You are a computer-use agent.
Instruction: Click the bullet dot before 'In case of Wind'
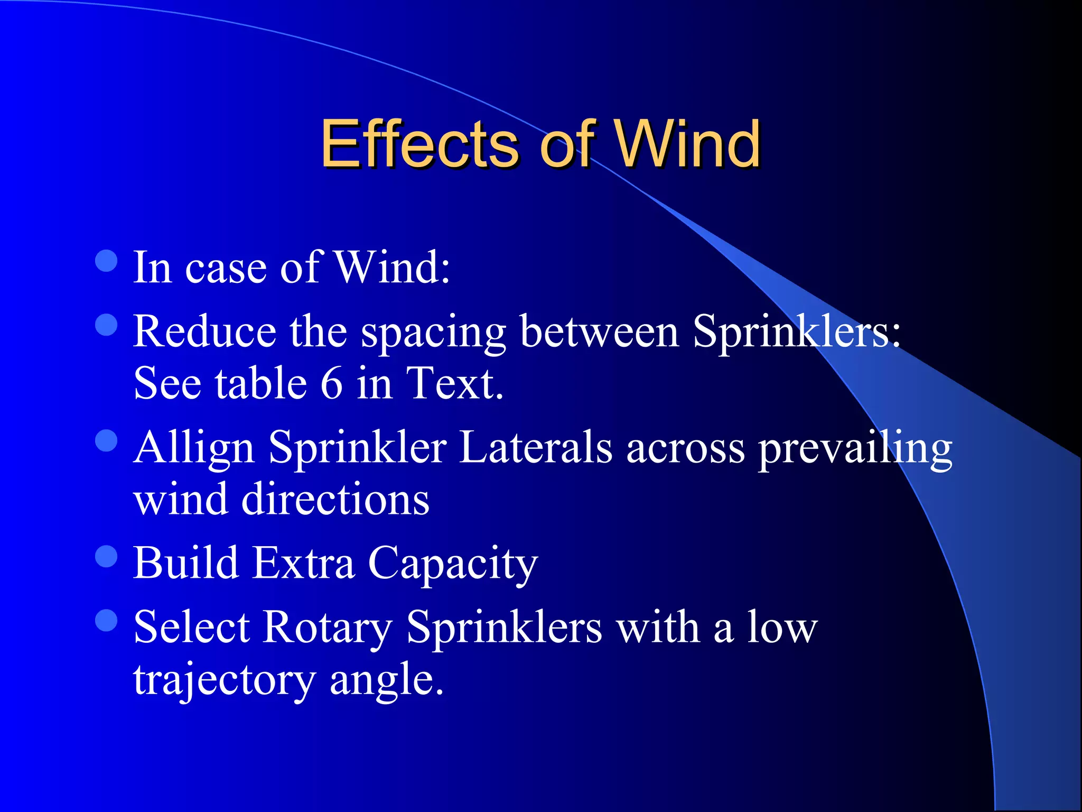click(x=106, y=261)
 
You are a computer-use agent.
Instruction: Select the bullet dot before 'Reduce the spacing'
click(x=106, y=325)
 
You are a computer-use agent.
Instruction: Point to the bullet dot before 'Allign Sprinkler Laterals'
click(x=106, y=440)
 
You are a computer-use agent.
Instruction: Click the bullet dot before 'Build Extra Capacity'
click(x=106, y=556)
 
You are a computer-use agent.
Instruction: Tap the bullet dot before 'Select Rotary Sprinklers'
click(x=106, y=620)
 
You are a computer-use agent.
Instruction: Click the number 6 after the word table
click(x=331, y=383)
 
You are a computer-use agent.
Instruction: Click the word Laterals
click(x=536, y=447)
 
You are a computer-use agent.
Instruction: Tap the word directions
click(x=335, y=499)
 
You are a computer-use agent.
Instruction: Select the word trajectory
click(x=224, y=680)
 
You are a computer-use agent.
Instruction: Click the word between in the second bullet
click(x=599, y=331)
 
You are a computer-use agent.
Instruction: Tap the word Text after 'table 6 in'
click(x=454, y=383)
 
